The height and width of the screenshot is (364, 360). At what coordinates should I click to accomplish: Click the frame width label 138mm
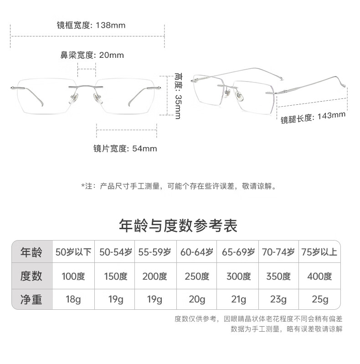point(91,25)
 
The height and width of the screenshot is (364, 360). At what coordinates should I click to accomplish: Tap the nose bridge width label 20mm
point(92,55)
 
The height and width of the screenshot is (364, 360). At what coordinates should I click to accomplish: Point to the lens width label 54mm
point(125,148)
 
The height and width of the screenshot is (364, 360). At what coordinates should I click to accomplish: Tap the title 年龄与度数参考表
point(178,225)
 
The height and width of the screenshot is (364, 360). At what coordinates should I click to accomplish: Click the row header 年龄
point(31,252)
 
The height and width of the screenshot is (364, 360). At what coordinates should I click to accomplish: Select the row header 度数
point(31,276)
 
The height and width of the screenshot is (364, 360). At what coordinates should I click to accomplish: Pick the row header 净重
point(31,299)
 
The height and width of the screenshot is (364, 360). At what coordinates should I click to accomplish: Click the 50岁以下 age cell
point(73,252)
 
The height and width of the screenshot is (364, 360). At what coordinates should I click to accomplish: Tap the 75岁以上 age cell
point(319,252)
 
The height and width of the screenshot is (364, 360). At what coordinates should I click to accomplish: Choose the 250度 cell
point(197,276)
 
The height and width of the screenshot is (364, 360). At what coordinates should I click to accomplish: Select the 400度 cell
point(319,276)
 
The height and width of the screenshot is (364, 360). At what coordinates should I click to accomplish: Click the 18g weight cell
point(73,300)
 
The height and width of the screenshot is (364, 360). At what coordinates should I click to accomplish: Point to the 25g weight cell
point(319,300)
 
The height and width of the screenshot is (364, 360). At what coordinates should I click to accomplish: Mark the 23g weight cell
point(278,300)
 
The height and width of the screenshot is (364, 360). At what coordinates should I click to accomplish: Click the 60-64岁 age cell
point(197,252)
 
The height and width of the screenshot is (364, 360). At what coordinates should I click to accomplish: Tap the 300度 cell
point(238,276)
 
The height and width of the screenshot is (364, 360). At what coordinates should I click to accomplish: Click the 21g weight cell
point(238,300)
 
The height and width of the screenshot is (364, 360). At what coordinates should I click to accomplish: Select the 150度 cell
point(115,276)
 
